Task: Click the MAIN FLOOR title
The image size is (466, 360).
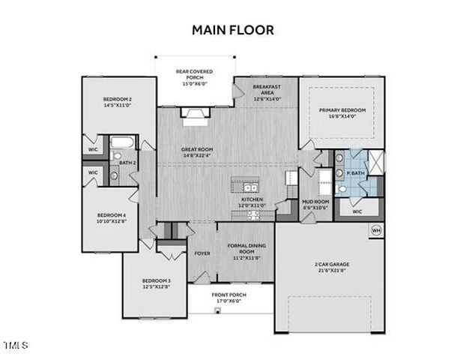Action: click(x=233, y=30)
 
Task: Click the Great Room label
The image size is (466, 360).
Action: click(x=197, y=152)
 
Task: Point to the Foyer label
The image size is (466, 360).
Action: click(x=202, y=253)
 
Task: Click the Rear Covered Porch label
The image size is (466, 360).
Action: click(x=194, y=77)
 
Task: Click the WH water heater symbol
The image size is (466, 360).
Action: click(x=376, y=230)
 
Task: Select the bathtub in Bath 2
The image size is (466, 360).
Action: click(x=122, y=143)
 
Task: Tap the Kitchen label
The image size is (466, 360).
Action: click(x=252, y=202)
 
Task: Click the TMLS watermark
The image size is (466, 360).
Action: click(x=15, y=346)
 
